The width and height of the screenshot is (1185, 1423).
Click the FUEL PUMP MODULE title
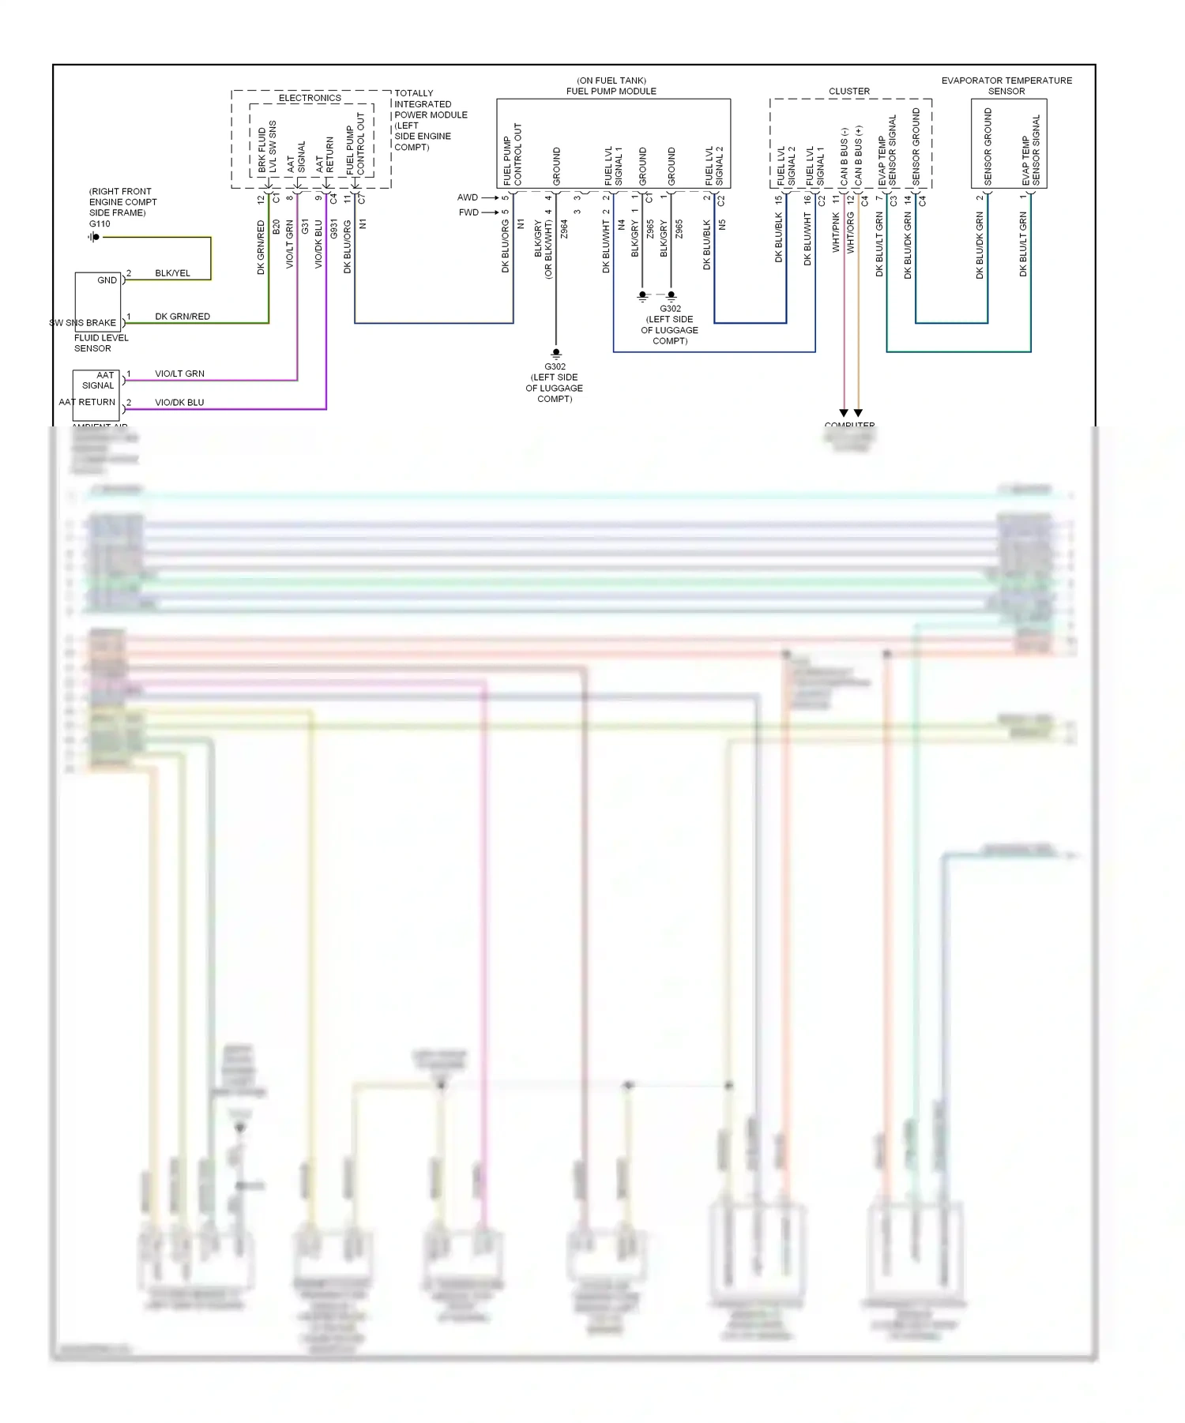tap(611, 91)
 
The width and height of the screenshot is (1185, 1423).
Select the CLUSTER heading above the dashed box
tap(849, 92)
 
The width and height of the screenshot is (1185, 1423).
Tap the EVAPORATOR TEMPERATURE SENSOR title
tap(1006, 85)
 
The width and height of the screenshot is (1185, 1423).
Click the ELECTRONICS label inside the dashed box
tap(310, 98)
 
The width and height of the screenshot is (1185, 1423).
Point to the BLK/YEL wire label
tap(172, 273)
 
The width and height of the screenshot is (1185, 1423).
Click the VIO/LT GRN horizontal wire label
tap(179, 374)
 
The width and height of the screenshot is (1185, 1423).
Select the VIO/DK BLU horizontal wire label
tap(179, 402)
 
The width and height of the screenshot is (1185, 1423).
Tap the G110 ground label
tap(100, 223)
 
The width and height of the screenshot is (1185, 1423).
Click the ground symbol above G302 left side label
tap(556, 353)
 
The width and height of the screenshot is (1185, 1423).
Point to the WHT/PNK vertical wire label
tap(836, 232)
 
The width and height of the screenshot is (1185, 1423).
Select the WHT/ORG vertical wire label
tap(851, 232)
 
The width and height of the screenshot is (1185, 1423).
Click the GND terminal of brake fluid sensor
tap(107, 280)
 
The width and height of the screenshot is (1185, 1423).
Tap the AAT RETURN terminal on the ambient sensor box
tap(87, 402)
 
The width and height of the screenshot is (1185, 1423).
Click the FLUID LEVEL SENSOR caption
tap(101, 343)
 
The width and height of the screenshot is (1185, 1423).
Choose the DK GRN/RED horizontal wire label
tap(182, 317)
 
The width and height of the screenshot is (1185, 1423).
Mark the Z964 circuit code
tap(564, 229)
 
